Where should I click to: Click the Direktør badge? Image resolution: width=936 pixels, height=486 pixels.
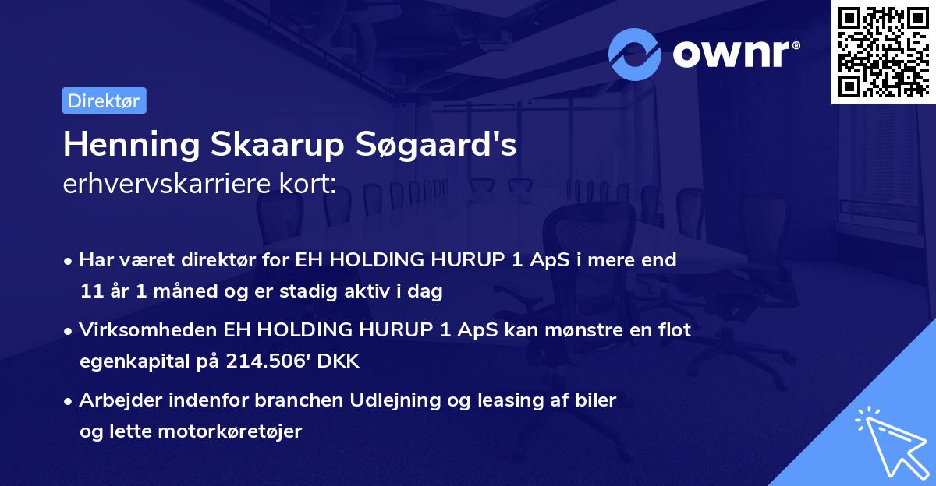tap(104, 100)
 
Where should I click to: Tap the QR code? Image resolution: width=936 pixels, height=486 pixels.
tap(883, 51)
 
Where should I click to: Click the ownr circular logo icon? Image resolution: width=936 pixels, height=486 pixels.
tap(636, 54)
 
